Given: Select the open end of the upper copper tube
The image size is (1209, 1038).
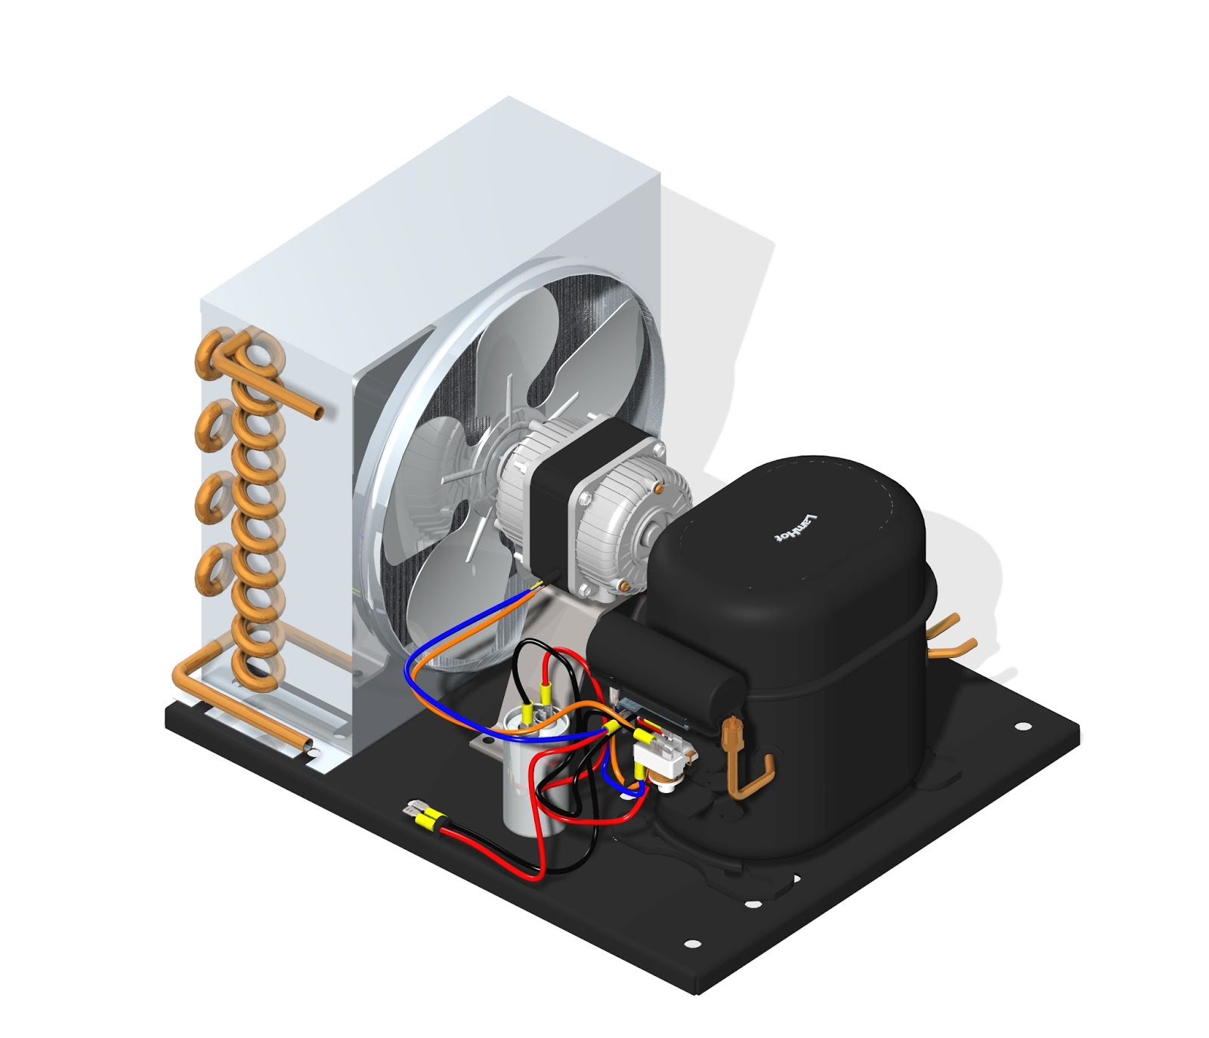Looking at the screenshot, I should pyautogui.click(x=320, y=412).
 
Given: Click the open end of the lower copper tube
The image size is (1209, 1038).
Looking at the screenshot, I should pyautogui.click(x=307, y=746).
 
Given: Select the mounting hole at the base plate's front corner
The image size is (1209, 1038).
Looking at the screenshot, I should pyautogui.click(x=691, y=944).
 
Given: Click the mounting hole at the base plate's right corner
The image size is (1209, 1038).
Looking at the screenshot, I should pyautogui.click(x=1022, y=727).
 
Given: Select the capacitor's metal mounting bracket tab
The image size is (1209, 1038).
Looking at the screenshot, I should pyautogui.click(x=481, y=747).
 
